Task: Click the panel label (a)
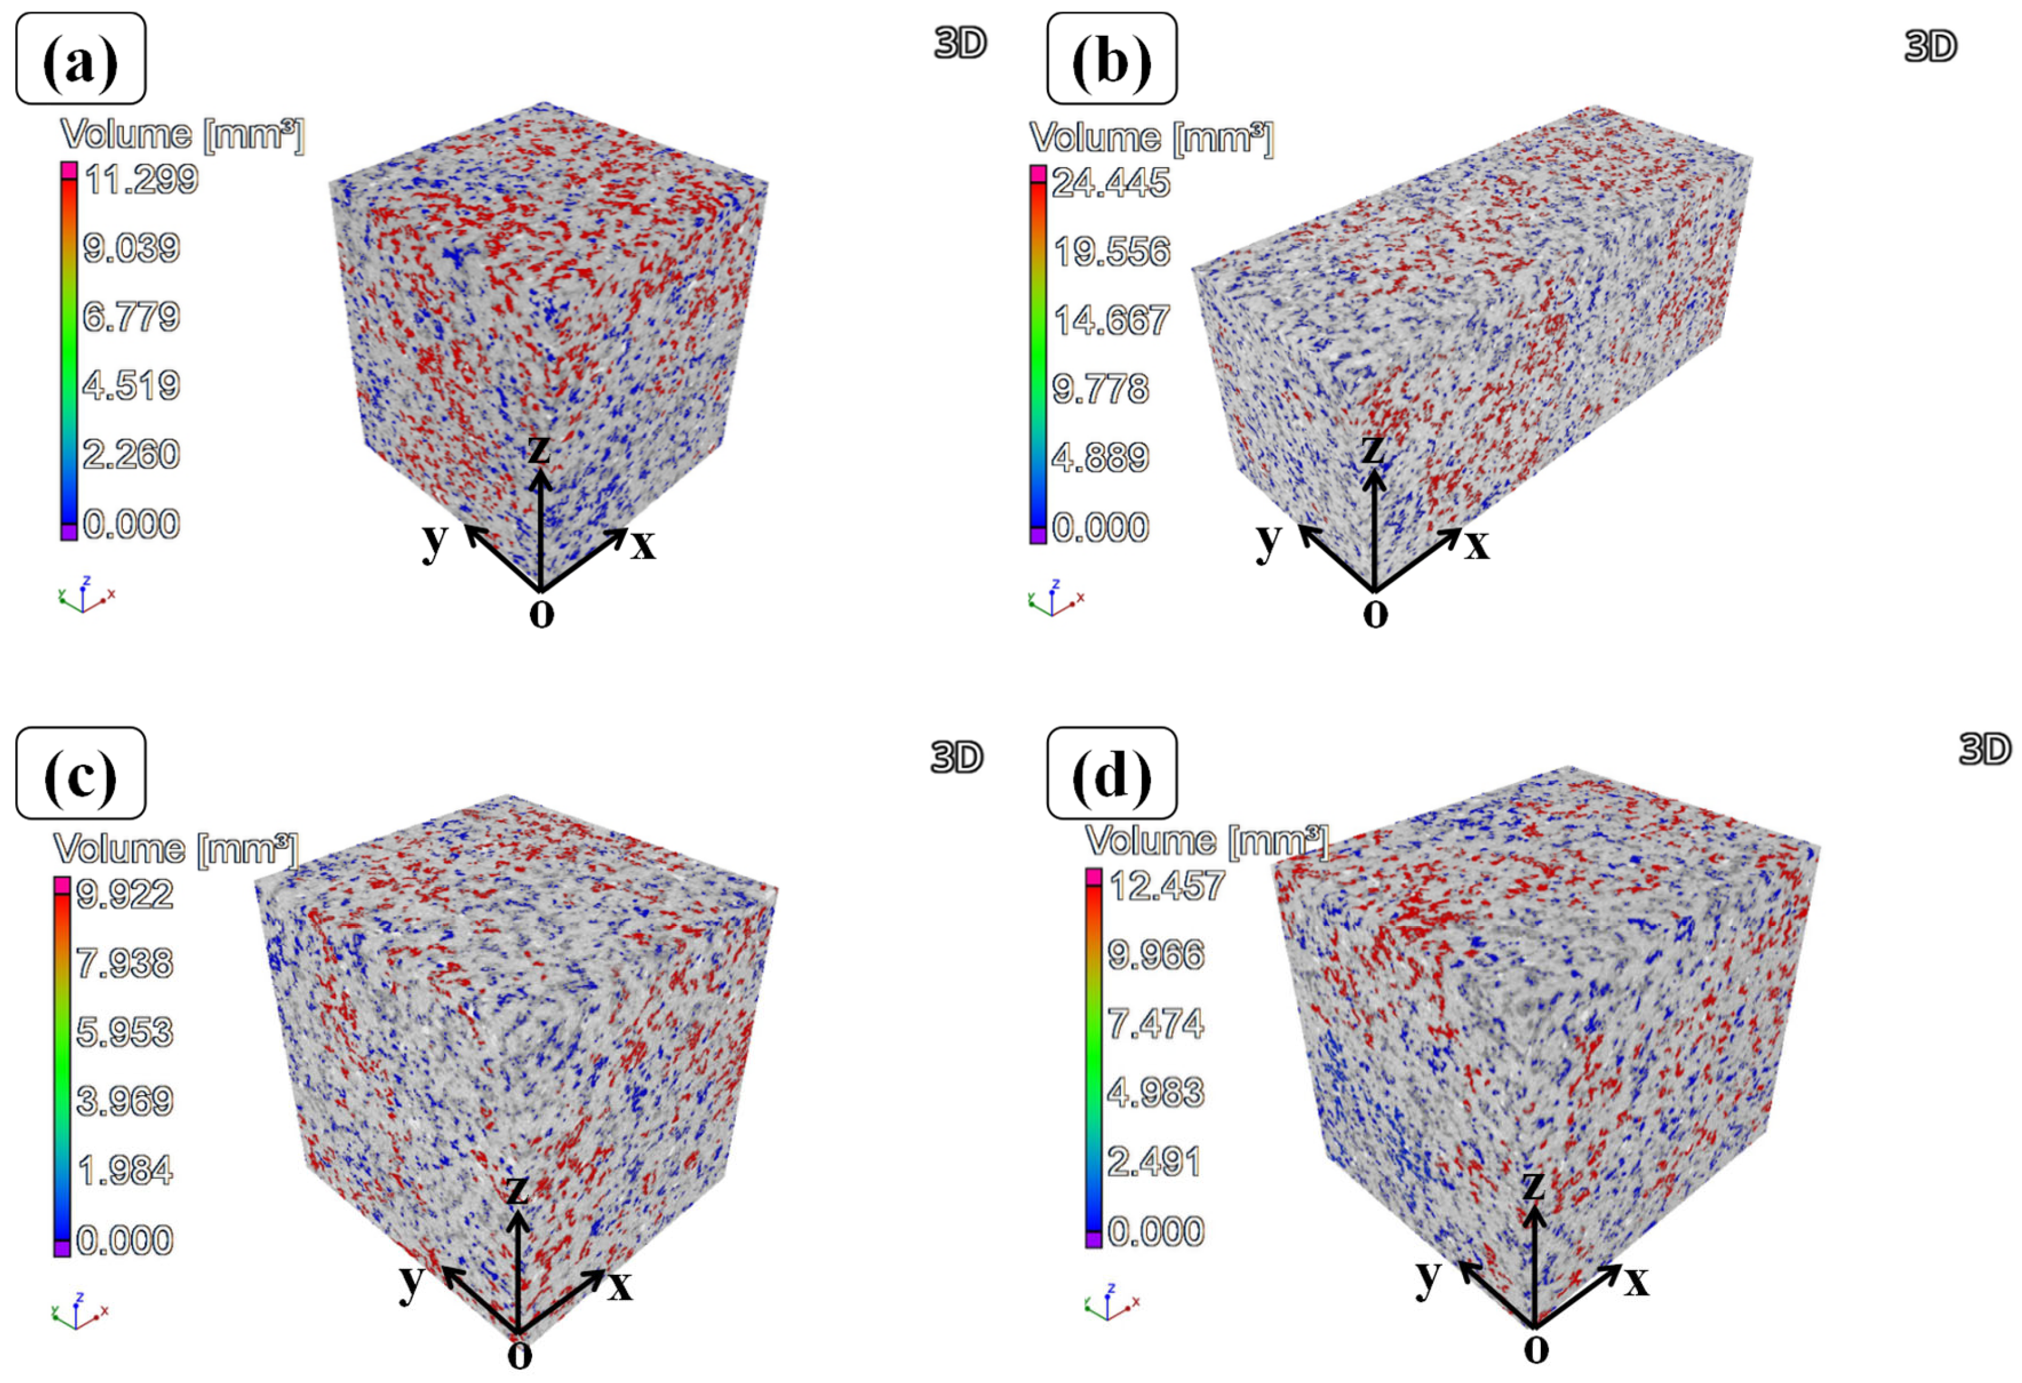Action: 80,59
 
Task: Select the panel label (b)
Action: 1111,59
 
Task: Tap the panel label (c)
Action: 80,773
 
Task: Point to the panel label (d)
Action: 1111,773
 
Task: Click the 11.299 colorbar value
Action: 141,180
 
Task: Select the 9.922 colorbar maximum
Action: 125,894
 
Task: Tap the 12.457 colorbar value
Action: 1167,886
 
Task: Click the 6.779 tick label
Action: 131,316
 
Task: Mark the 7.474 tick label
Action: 1156,1024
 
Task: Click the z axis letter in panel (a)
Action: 540,449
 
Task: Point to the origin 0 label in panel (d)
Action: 1537,1349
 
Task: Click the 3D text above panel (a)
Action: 961,42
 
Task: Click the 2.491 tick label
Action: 1154,1162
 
